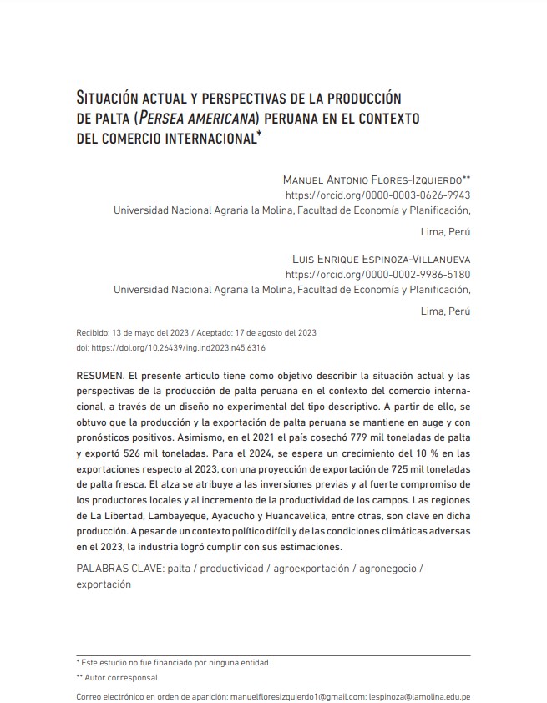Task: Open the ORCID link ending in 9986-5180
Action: pyautogui.click(x=378, y=274)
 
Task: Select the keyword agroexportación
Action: pyautogui.click(x=318, y=568)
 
